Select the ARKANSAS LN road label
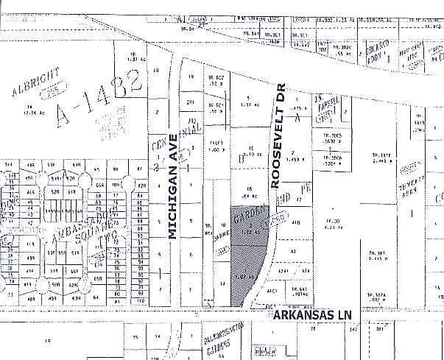pyautogui.click(x=310, y=315)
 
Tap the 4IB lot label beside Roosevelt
pyautogui.click(x=296, y=222)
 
